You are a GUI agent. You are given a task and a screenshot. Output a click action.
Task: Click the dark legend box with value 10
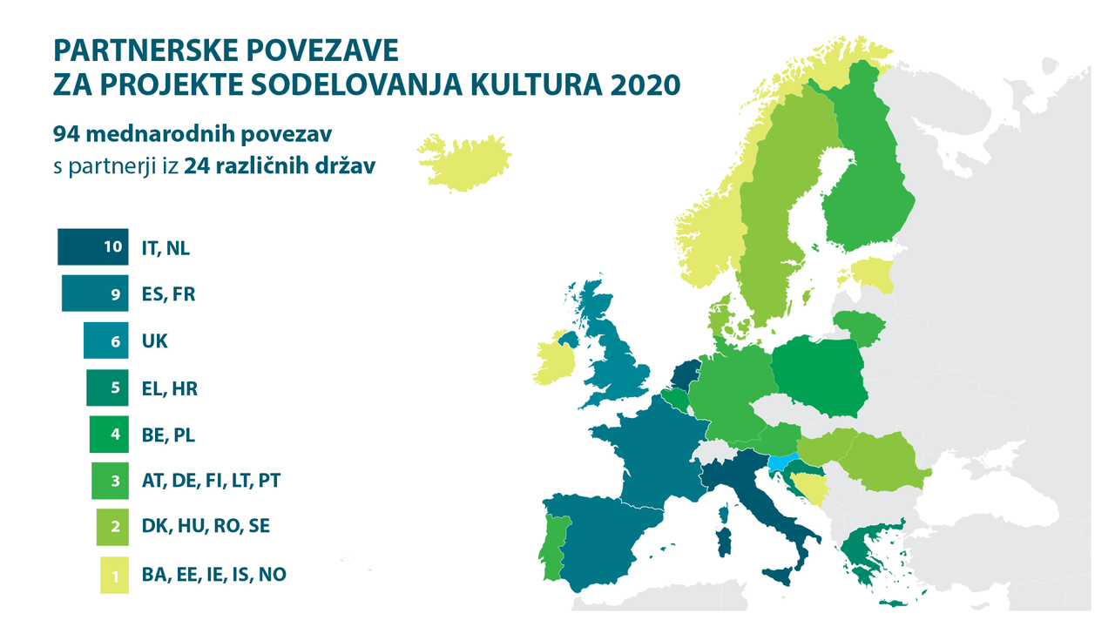(x=91, y=246)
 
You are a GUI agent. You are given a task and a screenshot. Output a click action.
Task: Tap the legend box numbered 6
(x=105, y=340)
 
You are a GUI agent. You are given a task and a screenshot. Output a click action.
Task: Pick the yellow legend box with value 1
(x=114, y=575)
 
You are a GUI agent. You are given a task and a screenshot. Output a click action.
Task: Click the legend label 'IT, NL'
(x=165, y=247)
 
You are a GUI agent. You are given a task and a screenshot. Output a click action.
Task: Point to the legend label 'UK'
(x=154, y=341)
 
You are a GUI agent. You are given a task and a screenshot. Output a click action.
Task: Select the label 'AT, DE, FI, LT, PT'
(x=210, y=480)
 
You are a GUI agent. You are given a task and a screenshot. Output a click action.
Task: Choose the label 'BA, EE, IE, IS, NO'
(x=213, y=575)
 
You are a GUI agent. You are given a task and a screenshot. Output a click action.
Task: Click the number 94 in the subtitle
(x=66, y=134)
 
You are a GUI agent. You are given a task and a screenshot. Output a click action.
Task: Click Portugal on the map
(x=550, y=549)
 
